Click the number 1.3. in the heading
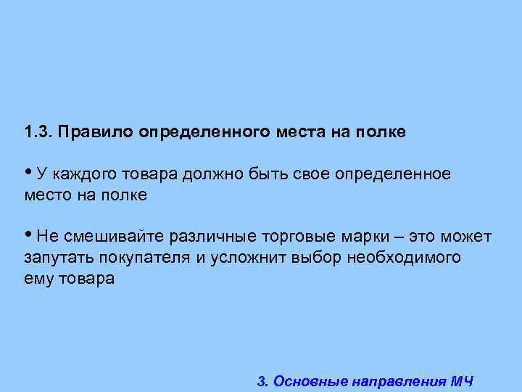pos(38,133)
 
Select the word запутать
pos(54,258)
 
